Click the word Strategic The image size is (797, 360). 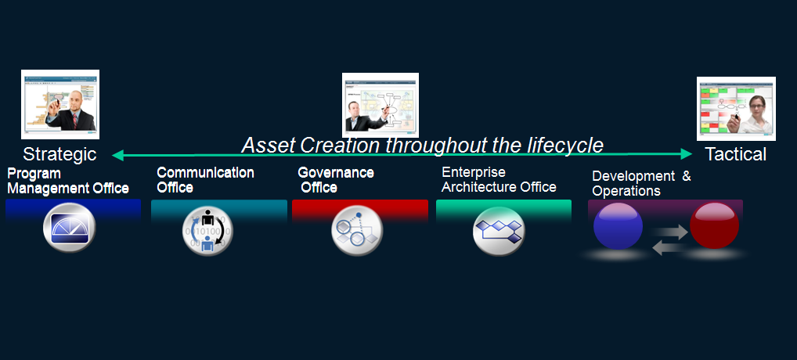pyautogui.click(x=60, y=154)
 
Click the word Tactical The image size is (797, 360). pyautogui.click(x=735, y=154)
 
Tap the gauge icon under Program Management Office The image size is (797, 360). pyautogui.click(x=69, y=228)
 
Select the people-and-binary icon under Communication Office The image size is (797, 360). pyautogui.click(x=207, y=231)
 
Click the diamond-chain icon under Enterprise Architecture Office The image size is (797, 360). pyautogui.click(x=498, y=231)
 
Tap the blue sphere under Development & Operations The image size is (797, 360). pyautogui.click(x=618, y=226)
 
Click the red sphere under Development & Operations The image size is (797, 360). pyautogui.click(x=714, y=225)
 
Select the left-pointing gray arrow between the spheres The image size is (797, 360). pyautogui.click(x=669, y=248)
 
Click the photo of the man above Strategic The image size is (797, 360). pyautogui.click(x=60, y=105)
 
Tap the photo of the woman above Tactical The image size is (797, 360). pyautogui.click(x=736, y=109)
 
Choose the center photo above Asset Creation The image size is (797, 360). pyautogui.click(x=380, y=105)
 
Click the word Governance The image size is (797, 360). pyautogui.click(x=335, y=173)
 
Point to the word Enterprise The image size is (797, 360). pyautogui.click(x=473, y=172)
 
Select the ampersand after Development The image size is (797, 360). pyautogui.click(x=686, y=176)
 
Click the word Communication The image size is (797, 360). pyautogui.click(x=205, y=173)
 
